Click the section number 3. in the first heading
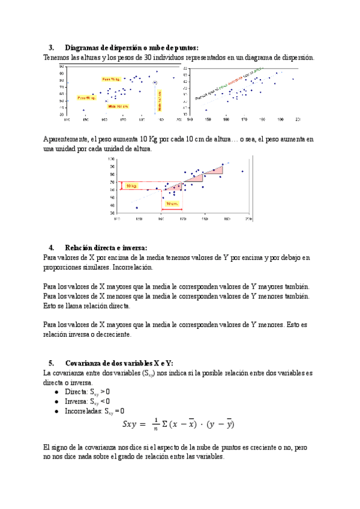pos(52,47)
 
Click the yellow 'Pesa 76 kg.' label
pos(112,79)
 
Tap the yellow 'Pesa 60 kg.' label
pos(86,97)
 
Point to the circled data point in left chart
pos(155,82)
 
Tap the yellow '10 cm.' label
pos(172,203)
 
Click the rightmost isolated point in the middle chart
pos(242,172)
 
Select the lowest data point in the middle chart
pos(137,208)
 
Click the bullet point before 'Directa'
pos(56,391)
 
